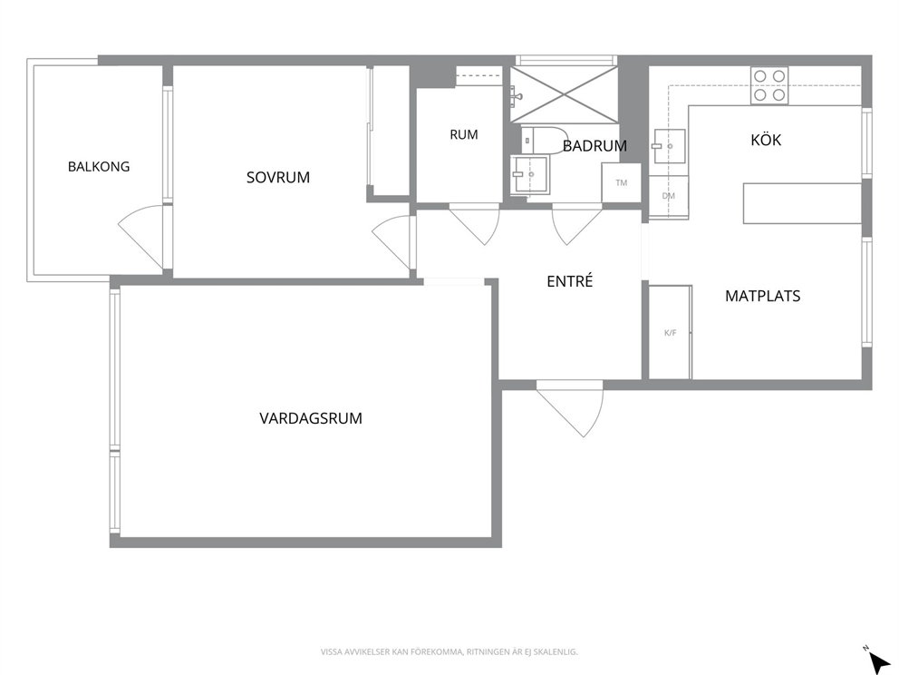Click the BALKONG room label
[x=99, y=166]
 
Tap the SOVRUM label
[x=278, y=177]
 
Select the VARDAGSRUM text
[x=311, y=418]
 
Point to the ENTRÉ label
[x=569, y=281]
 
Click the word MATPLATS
[x=762, y=296]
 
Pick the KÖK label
[x=766, y=140]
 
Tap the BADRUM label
[x=594, y=146]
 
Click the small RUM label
[x=464, y=134]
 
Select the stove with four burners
[x=769, y=85]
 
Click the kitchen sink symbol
[x=669, y=146]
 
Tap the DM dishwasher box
[x=669, y=197]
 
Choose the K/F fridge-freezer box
[x=671, y=332]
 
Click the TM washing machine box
[x=621, y=182]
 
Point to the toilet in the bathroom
[x=542, y=140]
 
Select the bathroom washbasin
[x=530, y=174]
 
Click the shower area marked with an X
[x=565, y=94]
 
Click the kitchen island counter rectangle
[x=802, y=203]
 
